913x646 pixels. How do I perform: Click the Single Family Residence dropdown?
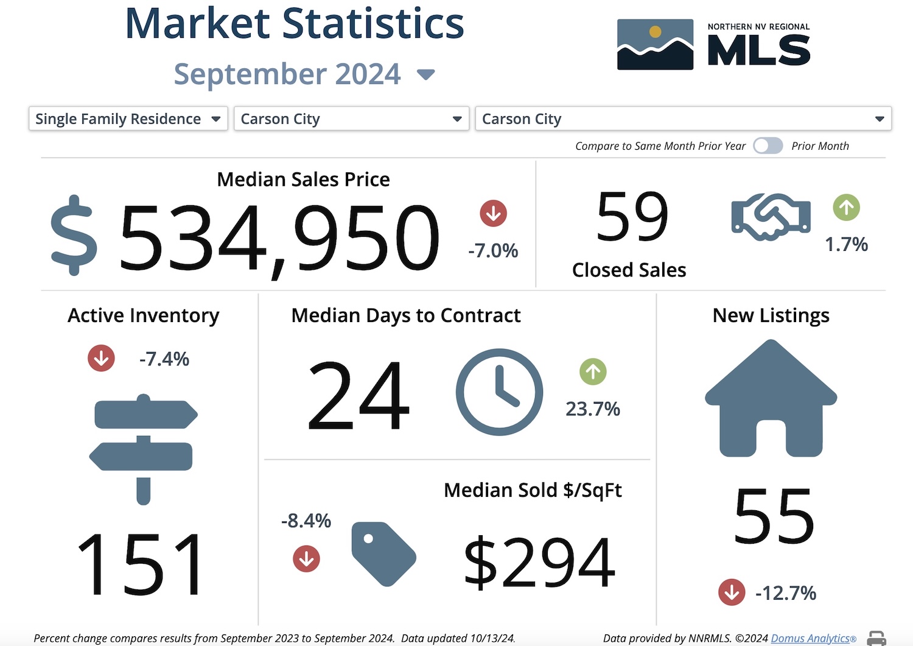point(128,119)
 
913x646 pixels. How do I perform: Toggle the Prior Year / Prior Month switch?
point(768,146)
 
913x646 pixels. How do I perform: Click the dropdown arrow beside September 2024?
point(425,75)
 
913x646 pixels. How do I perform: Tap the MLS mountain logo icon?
point(655,44)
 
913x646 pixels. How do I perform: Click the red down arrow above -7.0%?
point(493,214)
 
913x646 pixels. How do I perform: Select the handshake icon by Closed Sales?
point(771,217)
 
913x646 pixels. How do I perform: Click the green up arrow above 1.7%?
point(846,208)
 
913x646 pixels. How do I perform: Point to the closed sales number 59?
point(632,217)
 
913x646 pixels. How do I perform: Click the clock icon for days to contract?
point(499,392)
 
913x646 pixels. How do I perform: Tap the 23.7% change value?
point(592,409)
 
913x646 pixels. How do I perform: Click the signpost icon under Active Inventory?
point(144,449)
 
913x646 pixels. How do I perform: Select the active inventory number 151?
point(141,564)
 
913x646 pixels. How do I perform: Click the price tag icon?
point(383,553)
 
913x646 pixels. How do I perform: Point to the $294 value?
point(539,562)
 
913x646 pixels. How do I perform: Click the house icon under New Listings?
point(771,399)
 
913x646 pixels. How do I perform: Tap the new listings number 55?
point(773,517)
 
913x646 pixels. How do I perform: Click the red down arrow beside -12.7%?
point(732,592)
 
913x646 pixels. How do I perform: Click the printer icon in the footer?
point(876,638)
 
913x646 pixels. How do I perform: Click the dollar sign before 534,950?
point(74,236)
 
